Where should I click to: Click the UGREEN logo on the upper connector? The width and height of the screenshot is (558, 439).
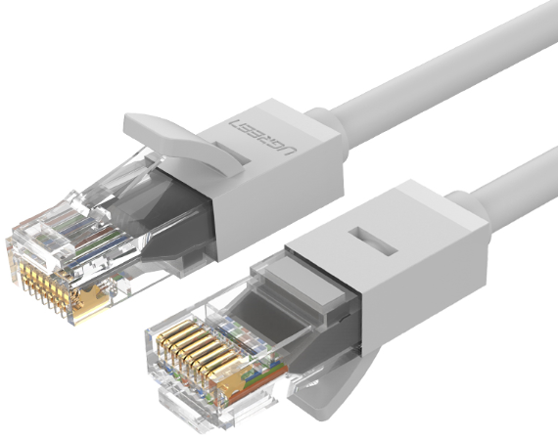pos(262,137)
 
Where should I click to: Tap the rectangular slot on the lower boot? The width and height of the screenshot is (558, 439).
pos(373,241)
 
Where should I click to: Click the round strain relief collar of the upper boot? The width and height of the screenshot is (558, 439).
pos(326,133)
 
